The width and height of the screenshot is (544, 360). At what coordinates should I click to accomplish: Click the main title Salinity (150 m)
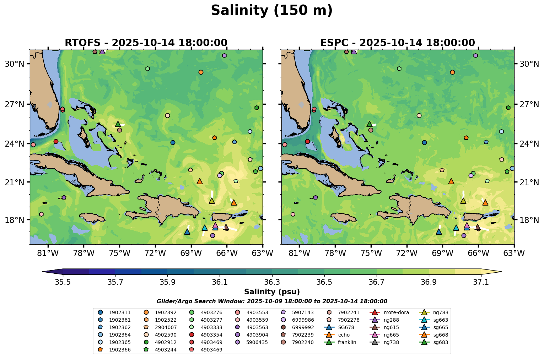pyautogui.click(x=271, y=11)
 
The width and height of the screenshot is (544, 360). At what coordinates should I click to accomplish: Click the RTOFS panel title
pyautogui.click(x=146, y=43)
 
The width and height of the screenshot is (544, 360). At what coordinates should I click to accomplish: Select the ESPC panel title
pyautogui.click(x=397, y=43)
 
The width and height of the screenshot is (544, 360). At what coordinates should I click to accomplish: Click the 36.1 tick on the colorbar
pyautogui.click(x=220, y=282)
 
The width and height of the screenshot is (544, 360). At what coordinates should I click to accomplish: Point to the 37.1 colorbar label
pyautogui.click(x=481, y=282)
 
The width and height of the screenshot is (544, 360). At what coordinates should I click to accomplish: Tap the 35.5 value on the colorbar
pyautogui.click(x=63, y=282)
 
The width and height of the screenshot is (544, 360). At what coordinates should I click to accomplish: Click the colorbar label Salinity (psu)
pyautogui.click(x=272, y=292)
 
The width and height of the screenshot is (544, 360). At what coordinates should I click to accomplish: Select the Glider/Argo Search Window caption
pyautogui.click(x=272, y=301)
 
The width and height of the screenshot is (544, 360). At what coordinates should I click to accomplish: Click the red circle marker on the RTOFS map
pyautogui.click(x=56, y=141)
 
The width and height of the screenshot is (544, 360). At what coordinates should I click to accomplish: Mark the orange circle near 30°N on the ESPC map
pyautogui.click(x=452, y=72)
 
